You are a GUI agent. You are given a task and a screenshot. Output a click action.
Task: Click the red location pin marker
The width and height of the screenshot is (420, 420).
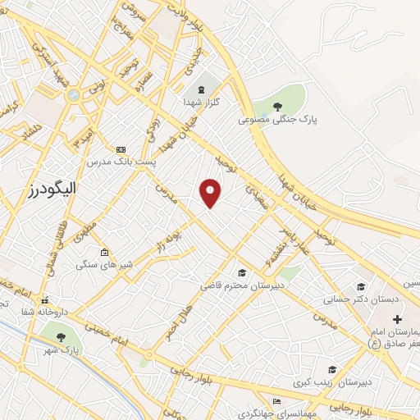(x=211, y=192)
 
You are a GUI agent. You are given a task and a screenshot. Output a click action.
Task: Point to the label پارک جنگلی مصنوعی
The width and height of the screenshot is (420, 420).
(x=277, y=119)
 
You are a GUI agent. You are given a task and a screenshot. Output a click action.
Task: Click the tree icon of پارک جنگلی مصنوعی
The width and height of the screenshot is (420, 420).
(x=277, y=105)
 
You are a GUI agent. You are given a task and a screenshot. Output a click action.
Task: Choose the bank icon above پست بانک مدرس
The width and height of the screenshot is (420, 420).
(x=121, y=149)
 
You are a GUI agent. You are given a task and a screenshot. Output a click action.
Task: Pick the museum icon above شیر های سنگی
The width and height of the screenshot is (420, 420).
(x=103, y=252)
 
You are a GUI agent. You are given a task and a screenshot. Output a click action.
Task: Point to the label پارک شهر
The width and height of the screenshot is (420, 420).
(x=62, y=350)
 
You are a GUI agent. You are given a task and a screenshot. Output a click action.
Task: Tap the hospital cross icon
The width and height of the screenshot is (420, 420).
(x=397, y=318)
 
